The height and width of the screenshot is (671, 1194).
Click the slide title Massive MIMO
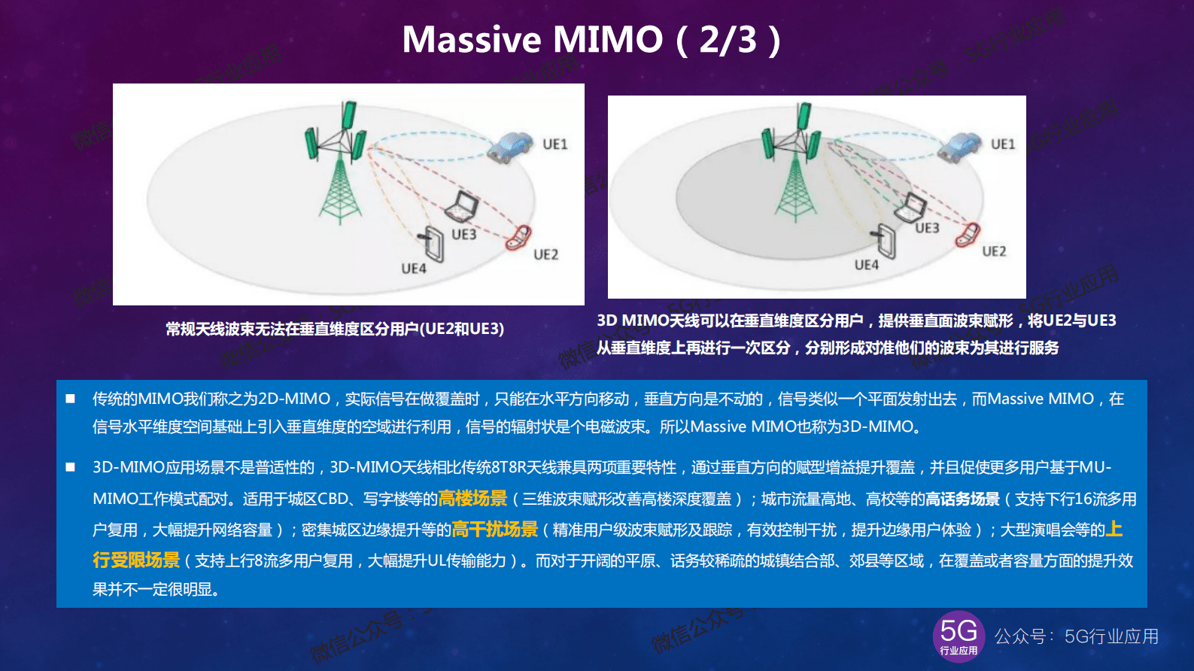532,40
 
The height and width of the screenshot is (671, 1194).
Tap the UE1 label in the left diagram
554,144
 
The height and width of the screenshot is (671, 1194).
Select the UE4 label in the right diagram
866,265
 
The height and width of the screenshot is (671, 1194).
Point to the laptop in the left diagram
462,205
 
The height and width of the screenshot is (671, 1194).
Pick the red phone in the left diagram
518,238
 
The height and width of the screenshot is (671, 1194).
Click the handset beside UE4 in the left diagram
433,242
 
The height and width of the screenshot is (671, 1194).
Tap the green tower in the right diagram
794,169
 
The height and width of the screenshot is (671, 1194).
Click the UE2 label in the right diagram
993,251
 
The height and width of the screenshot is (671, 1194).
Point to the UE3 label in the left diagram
463,235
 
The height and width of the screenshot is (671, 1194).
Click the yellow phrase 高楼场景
472,499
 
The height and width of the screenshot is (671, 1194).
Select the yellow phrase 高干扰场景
494,530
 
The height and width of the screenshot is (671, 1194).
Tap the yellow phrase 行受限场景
136,560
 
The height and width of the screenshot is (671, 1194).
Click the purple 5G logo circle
959,636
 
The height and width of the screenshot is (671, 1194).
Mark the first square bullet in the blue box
70,399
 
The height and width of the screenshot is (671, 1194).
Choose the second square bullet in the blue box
70,467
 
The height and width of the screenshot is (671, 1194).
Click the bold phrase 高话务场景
962,499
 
